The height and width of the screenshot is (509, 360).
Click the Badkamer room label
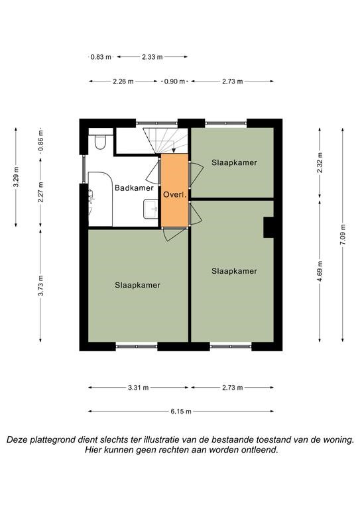pyautogui.click(x=134, y=188)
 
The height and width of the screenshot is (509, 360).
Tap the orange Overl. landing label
pyautogui.click(x=175, y=195)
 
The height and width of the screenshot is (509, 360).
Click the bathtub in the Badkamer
pyautogui.click(x=100, y=199)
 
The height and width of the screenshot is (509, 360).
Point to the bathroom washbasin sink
pyautogui.click(x=150, y=209)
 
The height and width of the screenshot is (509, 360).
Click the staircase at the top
pyautogui.click(x=166, y=141)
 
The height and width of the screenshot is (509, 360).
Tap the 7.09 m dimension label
pyautogui.click(x=343, y=235)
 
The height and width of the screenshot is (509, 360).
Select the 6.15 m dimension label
pyautogui.click(x=181, y=412)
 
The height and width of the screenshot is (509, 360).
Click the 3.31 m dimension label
pyautogui.click(x=139, y=387)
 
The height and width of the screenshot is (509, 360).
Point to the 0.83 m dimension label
pyautogui.click(x=101, y=57)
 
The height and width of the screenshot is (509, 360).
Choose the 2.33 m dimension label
pyautogui.click(x=152, y=57)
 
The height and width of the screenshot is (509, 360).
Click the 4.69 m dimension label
pyautogui.click(x=320, y=271)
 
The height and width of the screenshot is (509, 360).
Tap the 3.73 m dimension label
pyautogui.click(x=40, y=286)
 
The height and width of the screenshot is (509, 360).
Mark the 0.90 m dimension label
pyautogui.click(x=174, y=81)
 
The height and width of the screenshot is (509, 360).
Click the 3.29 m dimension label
pyautogui.click(x=16, y=176)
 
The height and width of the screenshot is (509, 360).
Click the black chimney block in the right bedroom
pyautogui.click(x=269, y=227)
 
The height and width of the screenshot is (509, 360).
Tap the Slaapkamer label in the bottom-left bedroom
pyautogui.click(x=138, y=285)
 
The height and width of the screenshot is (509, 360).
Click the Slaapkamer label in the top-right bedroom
pyautogui.click(x=235, y=162)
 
